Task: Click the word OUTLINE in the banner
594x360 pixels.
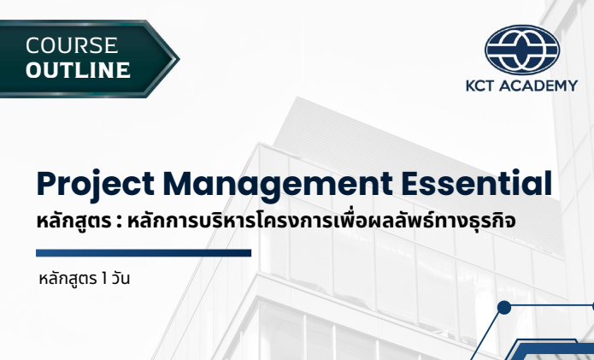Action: click(78, 70)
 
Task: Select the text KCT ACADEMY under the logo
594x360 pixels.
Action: click(521, 86)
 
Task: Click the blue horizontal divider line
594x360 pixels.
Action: click(144, 252)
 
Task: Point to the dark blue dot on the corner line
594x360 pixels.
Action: click(504, 308)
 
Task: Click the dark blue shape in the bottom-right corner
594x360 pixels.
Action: click(556, 351)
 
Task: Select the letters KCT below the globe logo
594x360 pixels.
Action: click(480, 86)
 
